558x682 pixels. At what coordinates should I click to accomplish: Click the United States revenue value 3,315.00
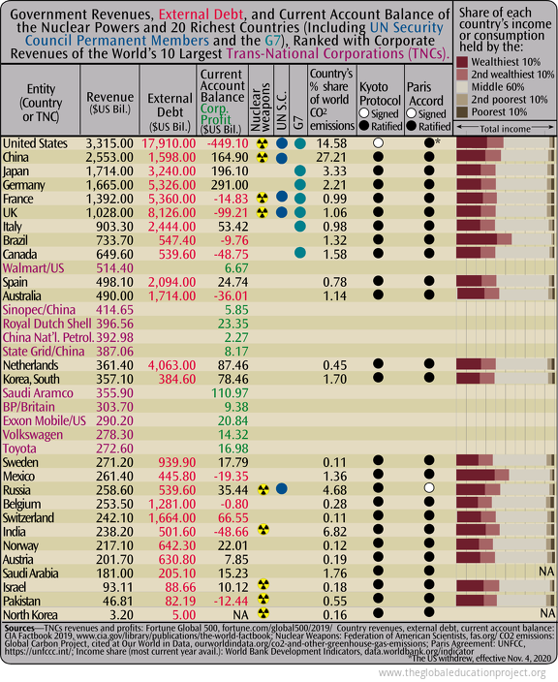point(109,143)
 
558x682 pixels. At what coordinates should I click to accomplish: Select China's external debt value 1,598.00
point(171,157)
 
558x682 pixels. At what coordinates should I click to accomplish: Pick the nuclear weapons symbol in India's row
point(262,531)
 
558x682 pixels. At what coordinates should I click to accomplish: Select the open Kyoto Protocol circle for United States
point(378,143)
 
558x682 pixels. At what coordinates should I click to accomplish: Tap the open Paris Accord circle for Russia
point(427,489)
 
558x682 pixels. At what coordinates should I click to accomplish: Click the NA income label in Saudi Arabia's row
point(545,572)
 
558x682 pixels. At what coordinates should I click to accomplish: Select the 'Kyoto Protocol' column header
point(379,93)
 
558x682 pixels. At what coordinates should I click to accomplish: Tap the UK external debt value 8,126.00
point(171,211)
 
